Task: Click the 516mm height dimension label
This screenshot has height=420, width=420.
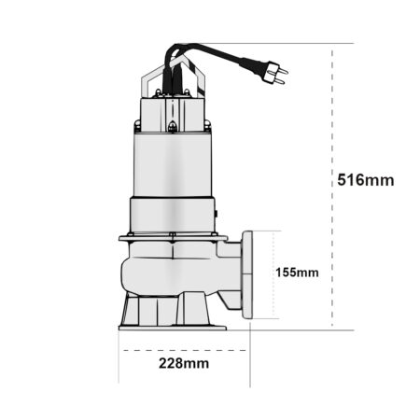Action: (366, 180)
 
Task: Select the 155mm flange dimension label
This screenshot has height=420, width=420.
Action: (297, 273)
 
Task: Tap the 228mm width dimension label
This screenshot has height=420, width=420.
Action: (184, 363)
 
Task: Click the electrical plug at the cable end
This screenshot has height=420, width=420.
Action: (273, 73)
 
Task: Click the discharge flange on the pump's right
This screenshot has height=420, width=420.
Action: (247, 274)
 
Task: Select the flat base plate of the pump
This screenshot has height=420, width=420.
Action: (173, 328)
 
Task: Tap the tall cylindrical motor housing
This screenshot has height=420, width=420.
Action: (173, 165)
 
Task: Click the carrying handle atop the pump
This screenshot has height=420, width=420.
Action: (173, 77)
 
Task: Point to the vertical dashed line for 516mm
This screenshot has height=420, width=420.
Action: (332, 188)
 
